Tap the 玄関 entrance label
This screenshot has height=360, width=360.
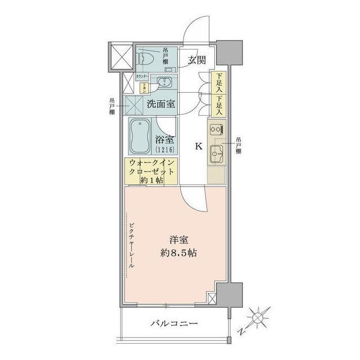[x=196, y=60]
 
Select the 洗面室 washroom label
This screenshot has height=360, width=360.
[x=161, y=103]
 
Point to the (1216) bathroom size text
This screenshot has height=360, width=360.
[x=165, y=149]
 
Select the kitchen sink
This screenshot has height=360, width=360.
[x=215, y=152]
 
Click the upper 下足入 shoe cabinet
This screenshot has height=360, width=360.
[x=217, y=83]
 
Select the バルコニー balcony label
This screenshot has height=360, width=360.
[x=174, y=324]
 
